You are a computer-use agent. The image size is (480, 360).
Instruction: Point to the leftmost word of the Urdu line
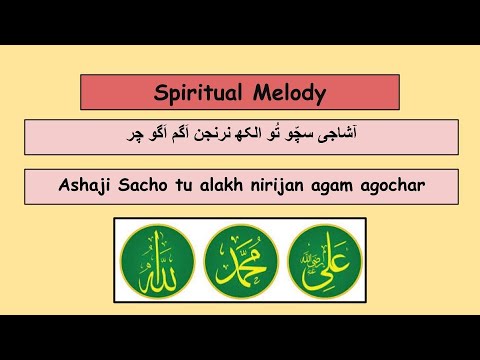145,133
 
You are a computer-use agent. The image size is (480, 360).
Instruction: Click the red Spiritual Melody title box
240,93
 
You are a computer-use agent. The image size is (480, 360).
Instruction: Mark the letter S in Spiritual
161,93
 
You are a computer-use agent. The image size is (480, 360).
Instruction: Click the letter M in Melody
261,93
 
